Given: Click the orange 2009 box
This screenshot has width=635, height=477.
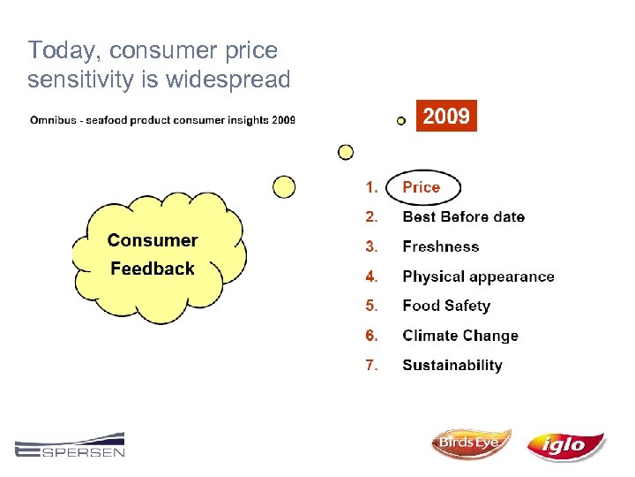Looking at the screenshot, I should click(x=446, y=116).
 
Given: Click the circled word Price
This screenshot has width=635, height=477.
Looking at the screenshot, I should click(x=422, y=187).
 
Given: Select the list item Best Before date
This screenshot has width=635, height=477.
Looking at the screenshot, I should click(x=463, y=217).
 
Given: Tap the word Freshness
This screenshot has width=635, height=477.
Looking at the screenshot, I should click(x=440, y=247).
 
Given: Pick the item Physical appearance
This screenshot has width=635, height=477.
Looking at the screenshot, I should click(x=478, y=276).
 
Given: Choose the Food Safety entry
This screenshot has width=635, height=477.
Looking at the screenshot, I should click(x=445, y=306).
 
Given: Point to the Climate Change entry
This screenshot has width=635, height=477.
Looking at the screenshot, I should click(x=459, y=336).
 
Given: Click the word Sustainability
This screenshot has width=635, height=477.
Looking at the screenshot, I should click(x=452, y=366).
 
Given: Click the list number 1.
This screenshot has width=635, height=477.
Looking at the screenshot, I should click(x=371, y=187).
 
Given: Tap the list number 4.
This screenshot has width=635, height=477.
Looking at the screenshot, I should click(x=371, y=276).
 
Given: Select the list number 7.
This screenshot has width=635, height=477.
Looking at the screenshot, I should click(x=371, y=366).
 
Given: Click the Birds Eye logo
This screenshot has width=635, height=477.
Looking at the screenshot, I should click(x=470, y=443).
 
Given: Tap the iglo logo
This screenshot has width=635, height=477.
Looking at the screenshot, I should click(x=565, y=446).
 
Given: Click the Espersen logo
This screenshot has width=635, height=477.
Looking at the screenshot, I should click(x=70, y=445).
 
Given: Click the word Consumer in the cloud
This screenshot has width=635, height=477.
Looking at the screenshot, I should click(x=153, y=240).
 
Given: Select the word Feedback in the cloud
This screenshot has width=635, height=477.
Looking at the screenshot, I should click(x=153, y=269).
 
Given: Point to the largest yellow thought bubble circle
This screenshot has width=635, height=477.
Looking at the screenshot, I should click(x=284, y=186).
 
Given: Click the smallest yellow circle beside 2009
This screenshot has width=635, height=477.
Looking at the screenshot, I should click(x=401, y=120).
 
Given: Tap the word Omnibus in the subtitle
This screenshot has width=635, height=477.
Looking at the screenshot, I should click(x=55, y=120).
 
